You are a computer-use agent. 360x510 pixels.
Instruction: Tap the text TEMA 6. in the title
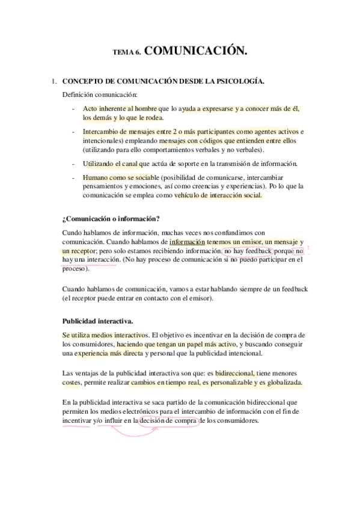(x=127, y=53)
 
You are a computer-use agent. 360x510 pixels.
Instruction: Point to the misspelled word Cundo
(x=72, y=233)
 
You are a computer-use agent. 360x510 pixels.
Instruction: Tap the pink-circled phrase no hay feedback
(x=249, y=250)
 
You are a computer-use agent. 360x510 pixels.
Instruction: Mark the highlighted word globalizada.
(x=282, y=382)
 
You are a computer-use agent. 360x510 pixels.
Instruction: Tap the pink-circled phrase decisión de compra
(x=169, y=420)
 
